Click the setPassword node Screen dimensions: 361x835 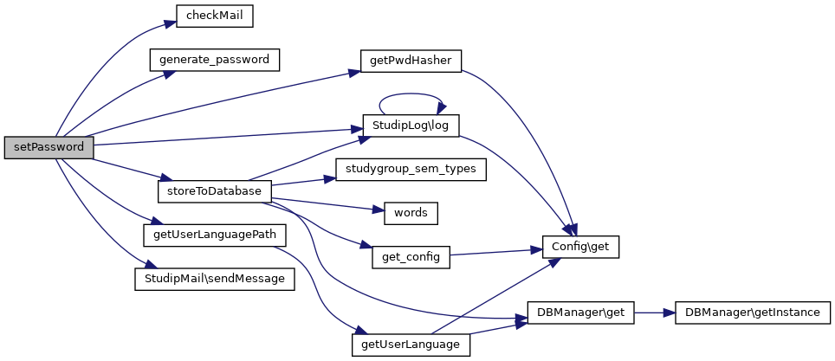tap(49, 147)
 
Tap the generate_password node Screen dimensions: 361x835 tap(215, 61)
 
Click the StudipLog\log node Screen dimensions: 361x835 tap(411, 126)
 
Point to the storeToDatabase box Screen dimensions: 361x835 tap(215, 190)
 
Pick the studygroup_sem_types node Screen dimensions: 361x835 tap(411, 169)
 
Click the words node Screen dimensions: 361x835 tap(411, 212)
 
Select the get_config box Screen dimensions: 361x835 tap(411, 256)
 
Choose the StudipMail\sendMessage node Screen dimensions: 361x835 tap(215, 279)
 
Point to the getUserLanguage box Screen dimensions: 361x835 tap(411, 344)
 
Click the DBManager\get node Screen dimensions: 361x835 tap(581, 311)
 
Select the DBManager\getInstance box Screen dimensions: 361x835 tap(752, 311)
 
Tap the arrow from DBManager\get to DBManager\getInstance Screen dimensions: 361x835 tap(655, 311)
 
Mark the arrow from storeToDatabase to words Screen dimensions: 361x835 tap(325, 203)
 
